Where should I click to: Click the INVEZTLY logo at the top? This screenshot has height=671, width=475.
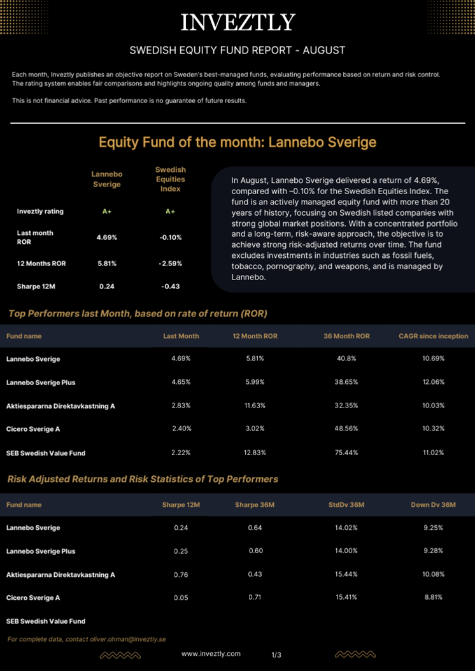[x=238, y=22]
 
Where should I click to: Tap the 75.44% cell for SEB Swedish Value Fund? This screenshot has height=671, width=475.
[x=346, y=453]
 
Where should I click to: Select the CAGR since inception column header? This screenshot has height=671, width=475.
[x=434, y=336]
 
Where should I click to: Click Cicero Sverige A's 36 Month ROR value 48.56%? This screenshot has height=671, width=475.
[x=346, y=428]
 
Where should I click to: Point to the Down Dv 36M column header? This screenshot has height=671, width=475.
[x=434, y=505]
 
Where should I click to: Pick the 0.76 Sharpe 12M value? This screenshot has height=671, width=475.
[x=181, y=575]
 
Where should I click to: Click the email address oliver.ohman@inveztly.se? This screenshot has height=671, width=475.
[x=128, y=639]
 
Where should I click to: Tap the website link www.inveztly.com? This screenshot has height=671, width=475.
[x=211, y=653]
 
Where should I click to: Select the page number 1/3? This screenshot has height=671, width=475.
[x=276, y=654]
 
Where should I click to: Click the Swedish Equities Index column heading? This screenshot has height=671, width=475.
[x=170, y=180]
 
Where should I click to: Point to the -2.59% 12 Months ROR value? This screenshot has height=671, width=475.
[x=170, y=264]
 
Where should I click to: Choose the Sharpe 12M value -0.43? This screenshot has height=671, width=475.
[x=170, y=286]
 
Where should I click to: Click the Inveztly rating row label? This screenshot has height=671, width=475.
[x=40, y=211]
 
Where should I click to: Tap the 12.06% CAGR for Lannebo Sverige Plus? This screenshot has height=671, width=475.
[x=434, y=382]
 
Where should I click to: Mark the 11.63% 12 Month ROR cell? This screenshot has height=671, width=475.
[x=255, y=406]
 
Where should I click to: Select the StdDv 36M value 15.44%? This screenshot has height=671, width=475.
[x=346, y=574]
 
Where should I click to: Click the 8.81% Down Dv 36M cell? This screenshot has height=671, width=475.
[x=434, y=597]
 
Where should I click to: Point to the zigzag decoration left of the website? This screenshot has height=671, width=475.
[x=120, y=654]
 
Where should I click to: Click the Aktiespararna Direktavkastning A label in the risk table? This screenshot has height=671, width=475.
[x=60, y=575]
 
